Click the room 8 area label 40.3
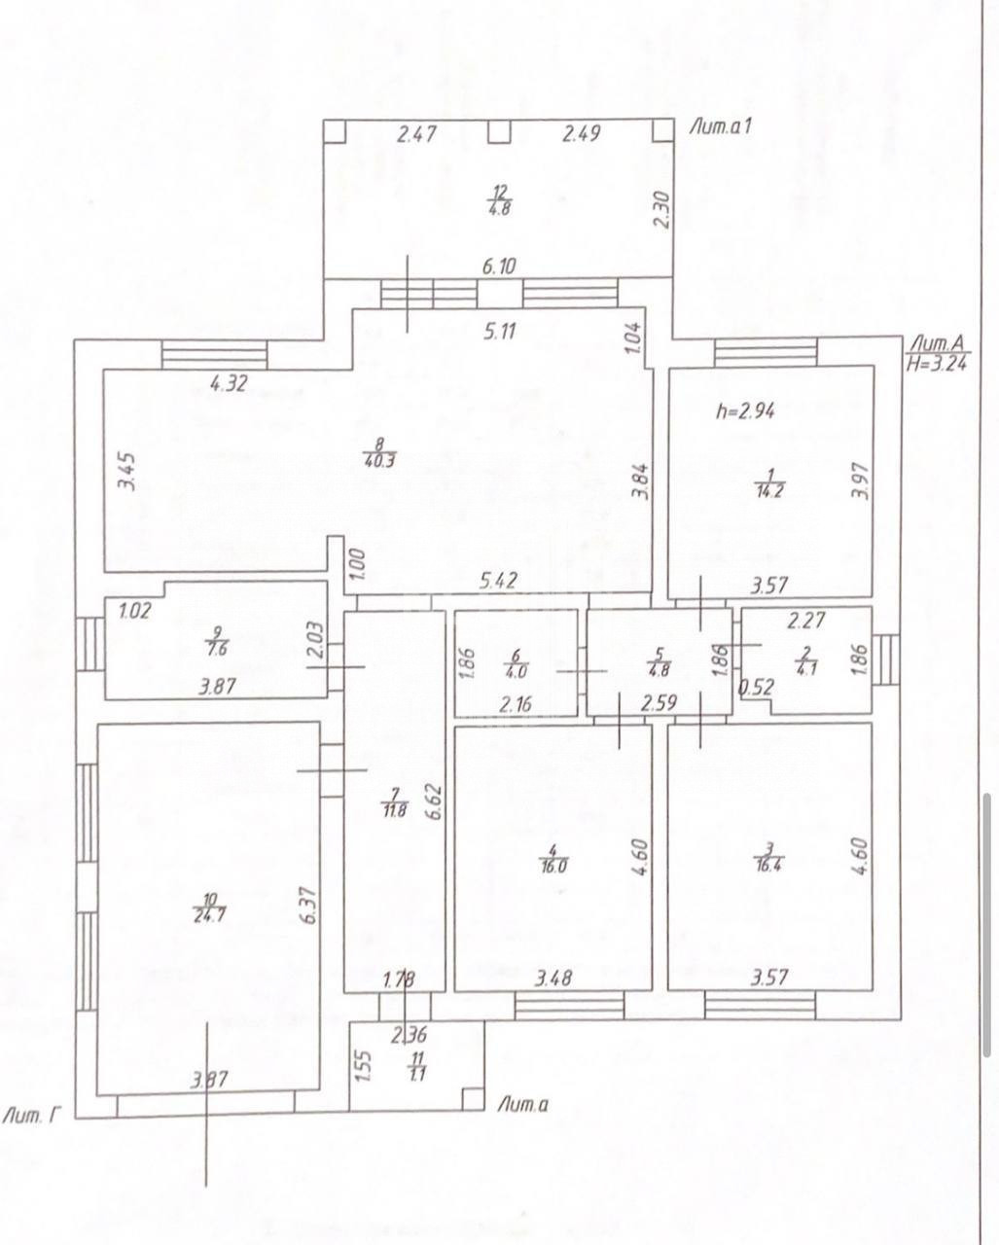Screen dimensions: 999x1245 point(379,462)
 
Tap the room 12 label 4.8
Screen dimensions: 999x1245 point(500,208)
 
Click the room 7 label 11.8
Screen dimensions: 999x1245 point(394,810)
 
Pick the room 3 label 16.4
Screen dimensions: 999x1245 point(768,867)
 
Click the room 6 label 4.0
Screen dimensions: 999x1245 point(517,673)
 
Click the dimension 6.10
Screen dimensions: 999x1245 point(499,267)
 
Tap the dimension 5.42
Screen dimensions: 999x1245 point(498,580)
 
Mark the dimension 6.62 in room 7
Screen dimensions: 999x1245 point(437,801)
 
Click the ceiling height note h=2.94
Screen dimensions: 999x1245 point(745,411)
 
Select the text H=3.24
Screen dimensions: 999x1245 point(937,364)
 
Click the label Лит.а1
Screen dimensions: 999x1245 point(720,126)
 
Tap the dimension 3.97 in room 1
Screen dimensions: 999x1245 point(863,480)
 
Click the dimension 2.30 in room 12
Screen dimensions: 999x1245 point(661,211)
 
